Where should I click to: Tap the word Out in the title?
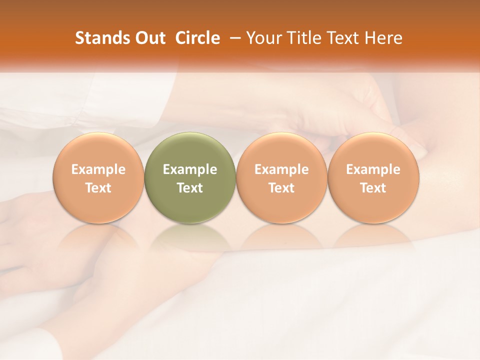pyautogui.click(x=149, y=38)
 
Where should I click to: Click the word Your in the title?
pyautogui.click(x=262, y=38)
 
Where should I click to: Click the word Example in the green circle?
pyautogui.click(x=190, y=169)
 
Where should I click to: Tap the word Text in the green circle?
pyautogui.click(x=190, y=188)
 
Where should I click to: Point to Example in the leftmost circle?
pyautogui.click(x=98, y=169)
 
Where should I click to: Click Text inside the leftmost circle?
pyautogui.click(x=98, y=188)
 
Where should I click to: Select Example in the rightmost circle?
pyautogui.click(x=373, y=169)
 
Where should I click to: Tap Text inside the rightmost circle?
pyautogui.click(x=373, y=188)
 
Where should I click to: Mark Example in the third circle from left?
pyautogui.click(x=281, y=169)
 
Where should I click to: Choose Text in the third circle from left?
pyautogui.click(x=281, y=188)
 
